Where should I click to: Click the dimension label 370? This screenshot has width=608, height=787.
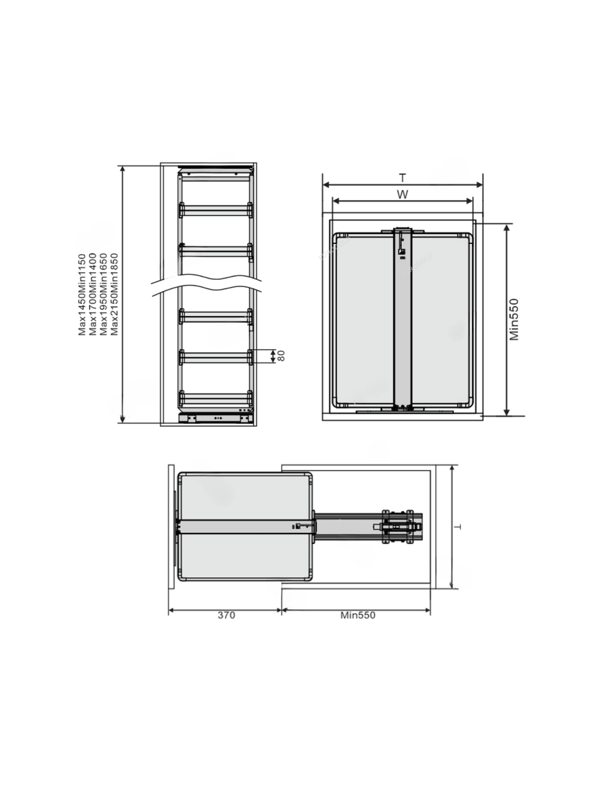point(226,615)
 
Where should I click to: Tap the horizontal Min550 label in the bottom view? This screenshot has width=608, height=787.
point(357,615)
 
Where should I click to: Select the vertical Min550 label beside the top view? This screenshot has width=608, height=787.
point(514,319)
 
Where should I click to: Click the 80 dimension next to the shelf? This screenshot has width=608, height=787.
point(282,356)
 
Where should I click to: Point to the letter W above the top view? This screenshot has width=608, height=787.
point(402,195)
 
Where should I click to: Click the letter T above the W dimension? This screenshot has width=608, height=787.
point(402,178)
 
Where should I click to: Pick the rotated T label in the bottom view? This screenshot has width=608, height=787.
point(457,527)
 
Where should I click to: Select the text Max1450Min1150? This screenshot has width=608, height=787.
point(82,295)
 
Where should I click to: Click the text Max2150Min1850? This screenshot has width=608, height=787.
point(114,295)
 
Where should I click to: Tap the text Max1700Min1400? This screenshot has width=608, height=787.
point(93,295)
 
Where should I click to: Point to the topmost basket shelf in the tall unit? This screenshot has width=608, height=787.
point(215,210)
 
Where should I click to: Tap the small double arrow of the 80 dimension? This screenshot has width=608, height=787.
point(273,356)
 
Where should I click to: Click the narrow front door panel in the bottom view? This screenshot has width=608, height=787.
point(171,527)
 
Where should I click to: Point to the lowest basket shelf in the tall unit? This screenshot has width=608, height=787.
point(215,398)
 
